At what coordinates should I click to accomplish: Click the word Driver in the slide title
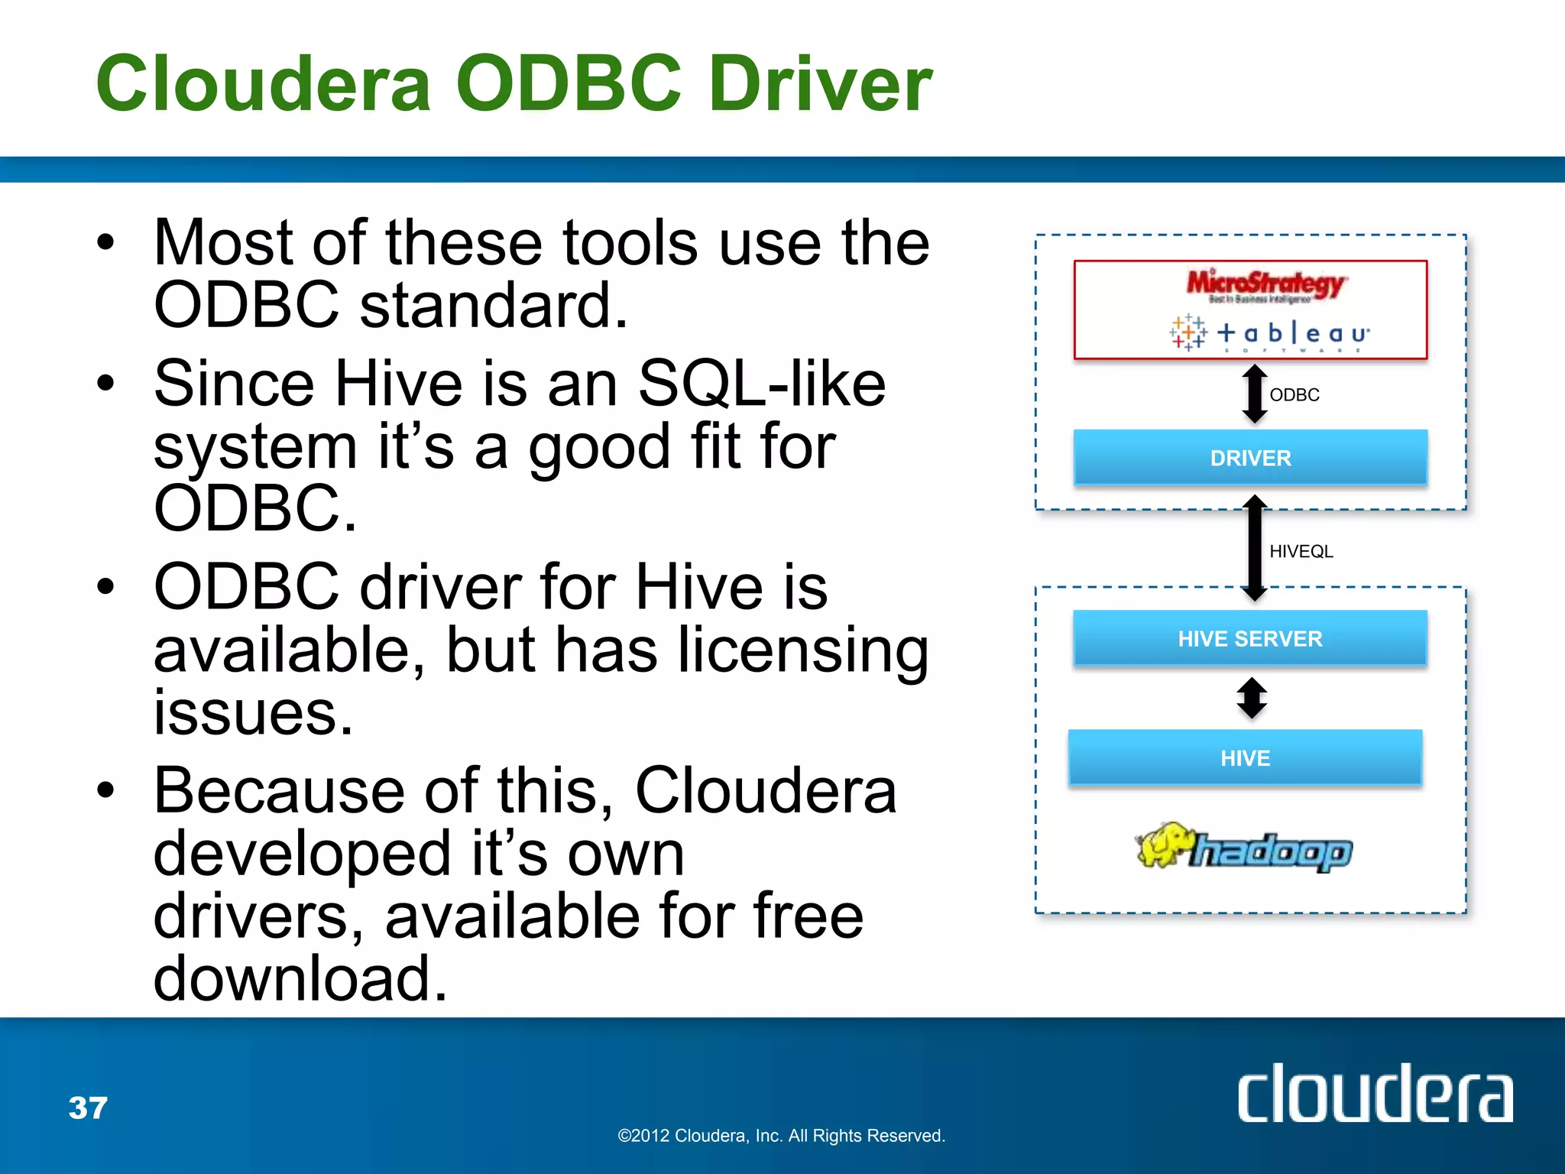[x=821, y=84]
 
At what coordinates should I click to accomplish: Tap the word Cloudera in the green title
[x=264, y=84]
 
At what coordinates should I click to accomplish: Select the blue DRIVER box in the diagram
[x=1250, y=458]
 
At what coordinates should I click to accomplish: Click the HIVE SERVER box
[x=1250, y=638]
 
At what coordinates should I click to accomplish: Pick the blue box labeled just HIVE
[x=1245, y=757]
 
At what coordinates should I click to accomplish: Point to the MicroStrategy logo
[x=1265, y=285]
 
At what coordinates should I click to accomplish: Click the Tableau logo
[x=1269, y=333]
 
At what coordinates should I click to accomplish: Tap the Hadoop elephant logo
[x=1243, y=848]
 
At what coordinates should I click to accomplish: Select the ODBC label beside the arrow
[x=1294, y=395]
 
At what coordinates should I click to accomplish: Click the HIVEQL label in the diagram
[x=1301, y=551]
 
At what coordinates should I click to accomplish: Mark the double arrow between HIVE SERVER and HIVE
[x=1252, y=698]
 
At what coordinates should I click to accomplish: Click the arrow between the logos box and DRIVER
[x=1254, y=394]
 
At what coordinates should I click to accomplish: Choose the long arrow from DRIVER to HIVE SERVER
[x=1254, y=548]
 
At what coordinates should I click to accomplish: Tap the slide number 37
[x=88, y=1108]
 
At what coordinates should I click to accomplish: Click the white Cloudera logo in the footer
[x=1375, y=1095]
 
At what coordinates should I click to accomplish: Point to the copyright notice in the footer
[x=781, y=1136]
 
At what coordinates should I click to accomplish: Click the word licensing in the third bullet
[x=803, y=650]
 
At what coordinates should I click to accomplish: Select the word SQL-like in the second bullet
[x=762, y=383]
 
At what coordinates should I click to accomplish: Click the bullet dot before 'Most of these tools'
[x=105, y=243]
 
